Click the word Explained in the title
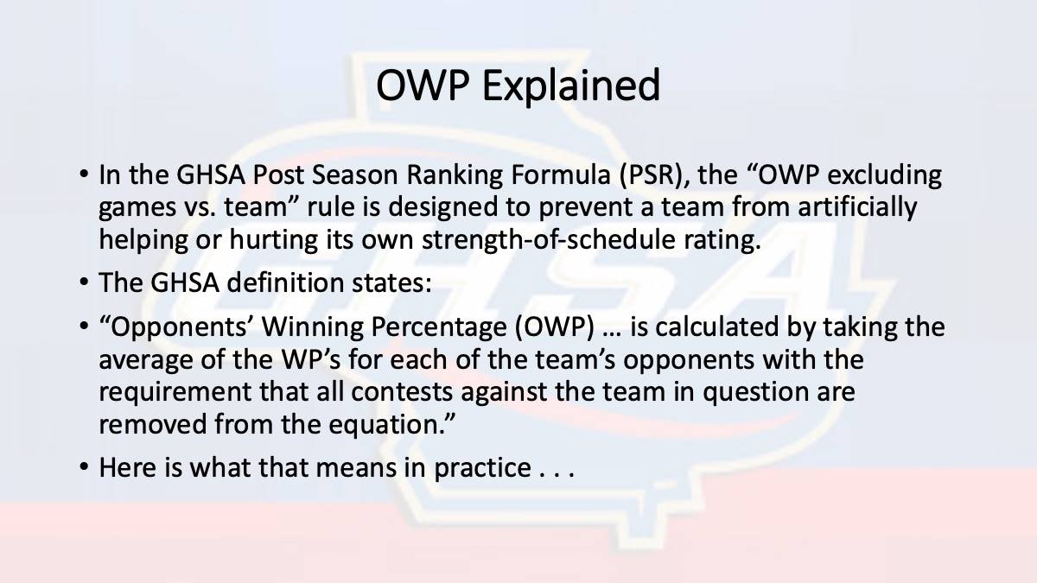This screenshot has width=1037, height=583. [571, 86]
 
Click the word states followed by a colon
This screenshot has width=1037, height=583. [391, 282]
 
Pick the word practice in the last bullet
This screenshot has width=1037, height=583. [482, 468]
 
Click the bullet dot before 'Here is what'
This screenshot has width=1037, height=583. [84, 466]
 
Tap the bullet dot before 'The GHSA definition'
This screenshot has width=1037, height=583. [84, 282]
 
